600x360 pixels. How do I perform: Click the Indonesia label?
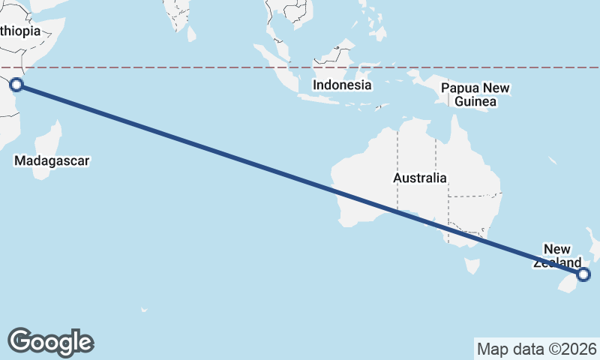point(342,85)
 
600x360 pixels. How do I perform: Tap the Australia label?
point(419,178)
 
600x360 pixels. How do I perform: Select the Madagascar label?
point(52,160)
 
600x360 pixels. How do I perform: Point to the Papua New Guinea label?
point(475,94)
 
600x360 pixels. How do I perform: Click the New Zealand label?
point(557,256)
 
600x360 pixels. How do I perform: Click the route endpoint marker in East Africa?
point(16,85)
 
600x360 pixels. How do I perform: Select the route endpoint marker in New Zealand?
point(584,275)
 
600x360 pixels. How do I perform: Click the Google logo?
point(50,341)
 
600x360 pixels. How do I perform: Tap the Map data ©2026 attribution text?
point(537,349)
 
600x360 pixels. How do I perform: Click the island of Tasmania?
point(472,265)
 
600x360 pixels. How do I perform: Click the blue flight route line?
point(225,154)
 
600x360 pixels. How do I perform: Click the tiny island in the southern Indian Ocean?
point(143,309)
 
